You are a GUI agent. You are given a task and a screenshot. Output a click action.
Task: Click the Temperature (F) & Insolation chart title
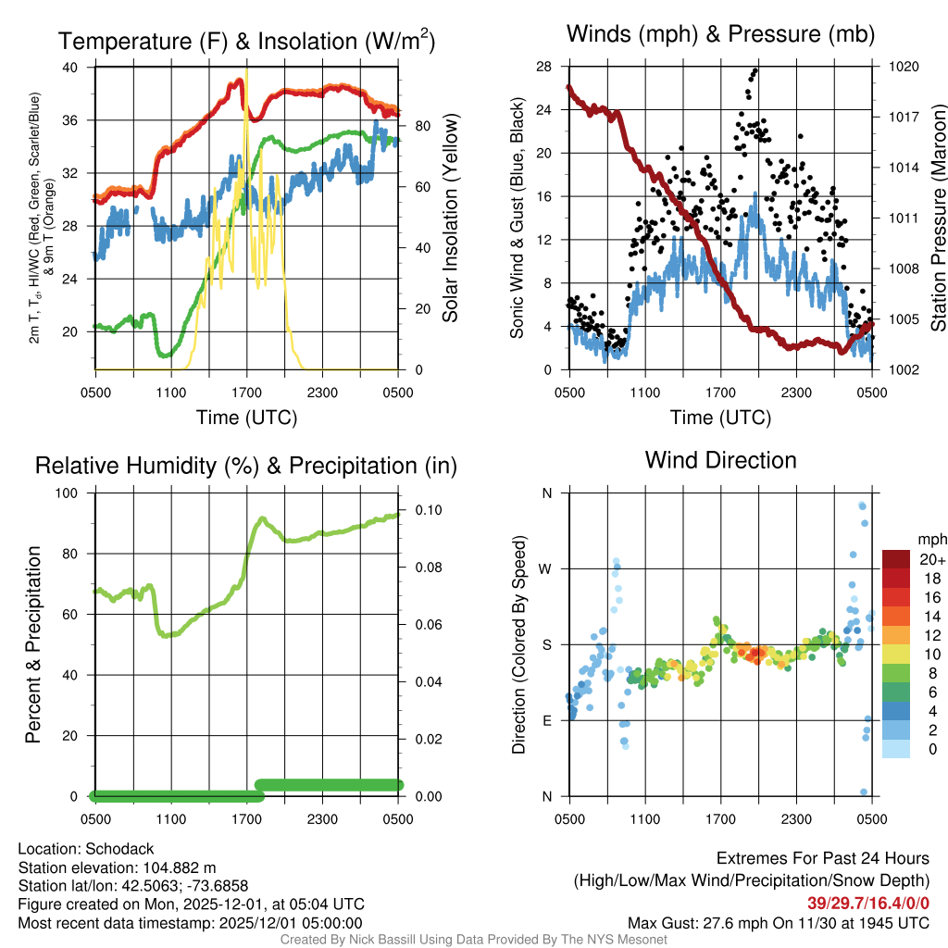coord(246,42)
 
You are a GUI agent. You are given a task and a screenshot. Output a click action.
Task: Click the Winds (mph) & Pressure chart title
coord(720,35)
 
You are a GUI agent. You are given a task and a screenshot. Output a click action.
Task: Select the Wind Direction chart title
coord(720,460)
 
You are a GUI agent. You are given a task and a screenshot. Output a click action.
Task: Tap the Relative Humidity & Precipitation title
coord(246,466)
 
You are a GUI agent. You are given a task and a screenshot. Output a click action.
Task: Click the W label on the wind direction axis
coord(545,568)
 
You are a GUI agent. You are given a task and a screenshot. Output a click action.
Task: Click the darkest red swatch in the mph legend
coord(896,559)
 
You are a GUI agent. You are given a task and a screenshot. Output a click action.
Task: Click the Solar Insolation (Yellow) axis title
coord(451,218)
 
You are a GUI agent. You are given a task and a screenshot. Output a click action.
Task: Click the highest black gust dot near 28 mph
coord(755,70)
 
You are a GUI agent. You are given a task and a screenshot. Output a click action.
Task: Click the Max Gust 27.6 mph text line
coord(779,922)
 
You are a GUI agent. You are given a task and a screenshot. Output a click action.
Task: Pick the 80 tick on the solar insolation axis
coord(418,127)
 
